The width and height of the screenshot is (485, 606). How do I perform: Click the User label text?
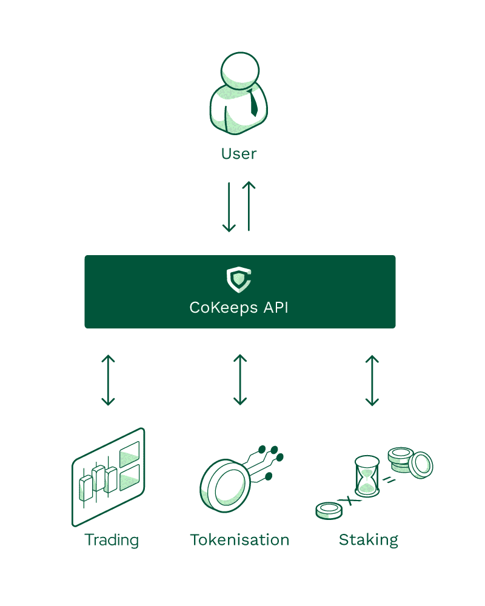tap(239, 154)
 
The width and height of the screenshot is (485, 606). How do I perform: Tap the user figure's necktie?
tap(253, 103)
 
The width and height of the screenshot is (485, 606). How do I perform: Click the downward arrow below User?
tap(229, 207)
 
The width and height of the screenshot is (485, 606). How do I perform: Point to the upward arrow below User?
tap(249, 207)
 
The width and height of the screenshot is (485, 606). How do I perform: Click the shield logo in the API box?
tap(239, 279)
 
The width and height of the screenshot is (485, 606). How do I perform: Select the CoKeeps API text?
tap(239, 307)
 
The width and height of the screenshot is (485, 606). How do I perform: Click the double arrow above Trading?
tap(108, 380)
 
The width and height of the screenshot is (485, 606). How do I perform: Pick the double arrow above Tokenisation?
tap(240, 380)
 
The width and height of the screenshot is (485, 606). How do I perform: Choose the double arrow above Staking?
tap(372, 380)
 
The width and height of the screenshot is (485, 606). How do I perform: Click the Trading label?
tap(112, 539)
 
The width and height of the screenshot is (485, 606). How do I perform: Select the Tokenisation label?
tap(239, 539)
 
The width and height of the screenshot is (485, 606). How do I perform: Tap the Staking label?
tap(369, 539)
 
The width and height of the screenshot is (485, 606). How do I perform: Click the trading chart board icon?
tap(109, 476)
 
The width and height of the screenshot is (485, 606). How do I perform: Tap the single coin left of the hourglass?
tap(329, 510)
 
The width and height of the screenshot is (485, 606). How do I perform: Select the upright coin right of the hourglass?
tap(421, 465)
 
